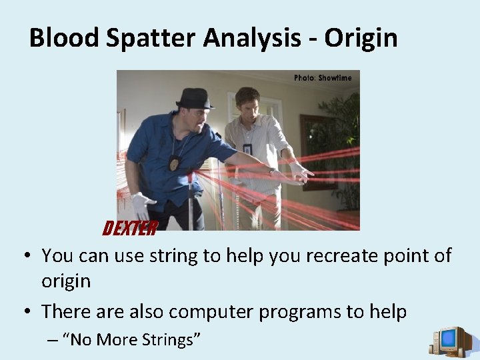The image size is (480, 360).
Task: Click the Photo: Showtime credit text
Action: tap(323, 78)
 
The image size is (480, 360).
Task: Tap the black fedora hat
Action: tap(195, 99)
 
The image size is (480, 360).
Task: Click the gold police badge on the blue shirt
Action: tap(175, 162)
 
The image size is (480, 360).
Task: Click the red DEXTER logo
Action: tap(129, 229)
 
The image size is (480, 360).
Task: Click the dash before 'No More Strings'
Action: tap(53, 340)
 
